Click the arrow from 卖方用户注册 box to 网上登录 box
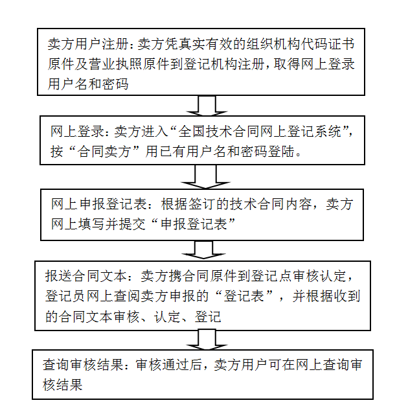click(x=206, y=105)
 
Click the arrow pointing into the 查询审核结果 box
click(x=206, y=340)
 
